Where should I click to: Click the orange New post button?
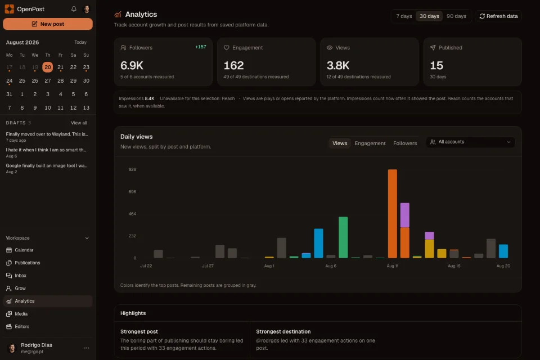(x=47, y=24)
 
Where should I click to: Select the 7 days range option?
(x=404, y=16)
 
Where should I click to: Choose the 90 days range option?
(x=456, y=16)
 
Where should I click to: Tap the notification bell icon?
(x=74, y=9)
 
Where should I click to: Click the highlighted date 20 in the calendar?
(x=47, y=67)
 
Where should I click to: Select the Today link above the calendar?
(x=80, y=42)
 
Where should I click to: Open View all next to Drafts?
(x=79, y=123)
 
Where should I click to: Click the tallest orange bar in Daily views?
(x=392, y=214)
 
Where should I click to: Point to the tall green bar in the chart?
(x=343, y=237)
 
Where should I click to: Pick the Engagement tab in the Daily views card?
(x=370, y=143)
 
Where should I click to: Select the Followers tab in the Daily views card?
(x=405, y=143)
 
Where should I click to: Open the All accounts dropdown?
(x=470, y=142)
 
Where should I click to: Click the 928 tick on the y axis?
(x=132, y=169)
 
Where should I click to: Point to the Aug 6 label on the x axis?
(x=331, y=266)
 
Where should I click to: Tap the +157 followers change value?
(x=201, y=47)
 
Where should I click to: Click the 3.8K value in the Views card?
(x=338, y=65)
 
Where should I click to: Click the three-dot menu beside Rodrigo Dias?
(x=87, y=348)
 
